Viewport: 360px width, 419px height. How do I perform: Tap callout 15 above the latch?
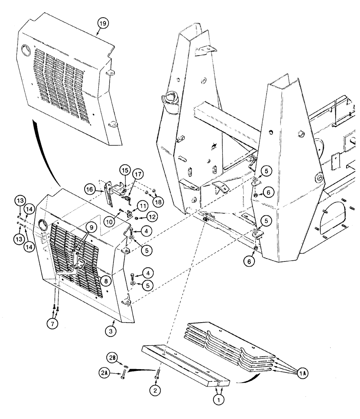coord(124,171)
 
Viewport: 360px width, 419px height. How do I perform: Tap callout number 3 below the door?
coord(112,331)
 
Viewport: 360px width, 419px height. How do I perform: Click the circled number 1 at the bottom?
coord(218,400)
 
